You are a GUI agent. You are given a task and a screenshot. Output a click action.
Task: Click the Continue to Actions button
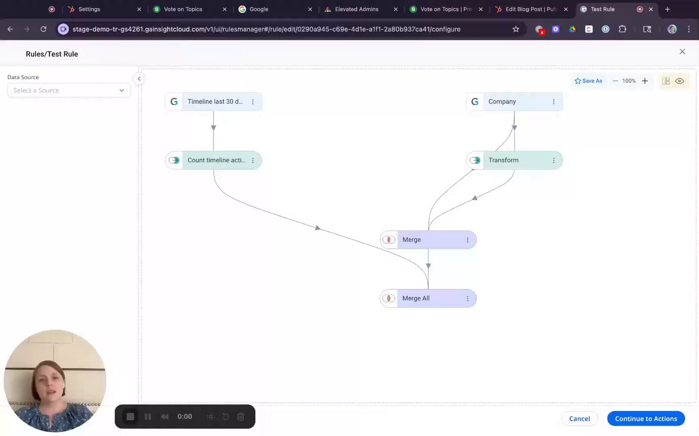tap(645, 419)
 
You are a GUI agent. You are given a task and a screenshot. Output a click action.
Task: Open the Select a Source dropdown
tap(69, 90)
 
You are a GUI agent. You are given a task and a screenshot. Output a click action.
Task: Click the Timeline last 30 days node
tap(215, 101)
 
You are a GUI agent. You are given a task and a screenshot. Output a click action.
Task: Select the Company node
tap(502, 101)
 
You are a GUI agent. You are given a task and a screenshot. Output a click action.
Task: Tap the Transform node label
tap(503, 160)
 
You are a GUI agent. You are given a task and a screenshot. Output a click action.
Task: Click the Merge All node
tap(416, 298)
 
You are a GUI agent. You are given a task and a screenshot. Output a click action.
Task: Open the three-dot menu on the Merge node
tap(467, 240)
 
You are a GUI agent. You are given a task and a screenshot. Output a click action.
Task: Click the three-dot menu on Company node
tap(554, 101)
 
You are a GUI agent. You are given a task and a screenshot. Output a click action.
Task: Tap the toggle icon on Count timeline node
tap(174, 160)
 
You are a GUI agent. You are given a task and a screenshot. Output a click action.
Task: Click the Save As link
tap(588, 81)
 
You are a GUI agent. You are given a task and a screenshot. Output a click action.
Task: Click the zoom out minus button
tap(615, 81)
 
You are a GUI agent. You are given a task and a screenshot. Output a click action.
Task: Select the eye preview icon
tap(679, 81)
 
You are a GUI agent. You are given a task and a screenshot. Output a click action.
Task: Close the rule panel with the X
tap(682, 51)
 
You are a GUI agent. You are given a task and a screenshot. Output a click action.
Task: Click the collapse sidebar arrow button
tap(139, 79)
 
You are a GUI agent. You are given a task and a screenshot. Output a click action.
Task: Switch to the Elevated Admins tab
tap(356, 9)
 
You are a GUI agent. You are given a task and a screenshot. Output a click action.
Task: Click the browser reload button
tap(44, 29)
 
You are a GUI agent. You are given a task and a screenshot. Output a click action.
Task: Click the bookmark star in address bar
tap(516, 29)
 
